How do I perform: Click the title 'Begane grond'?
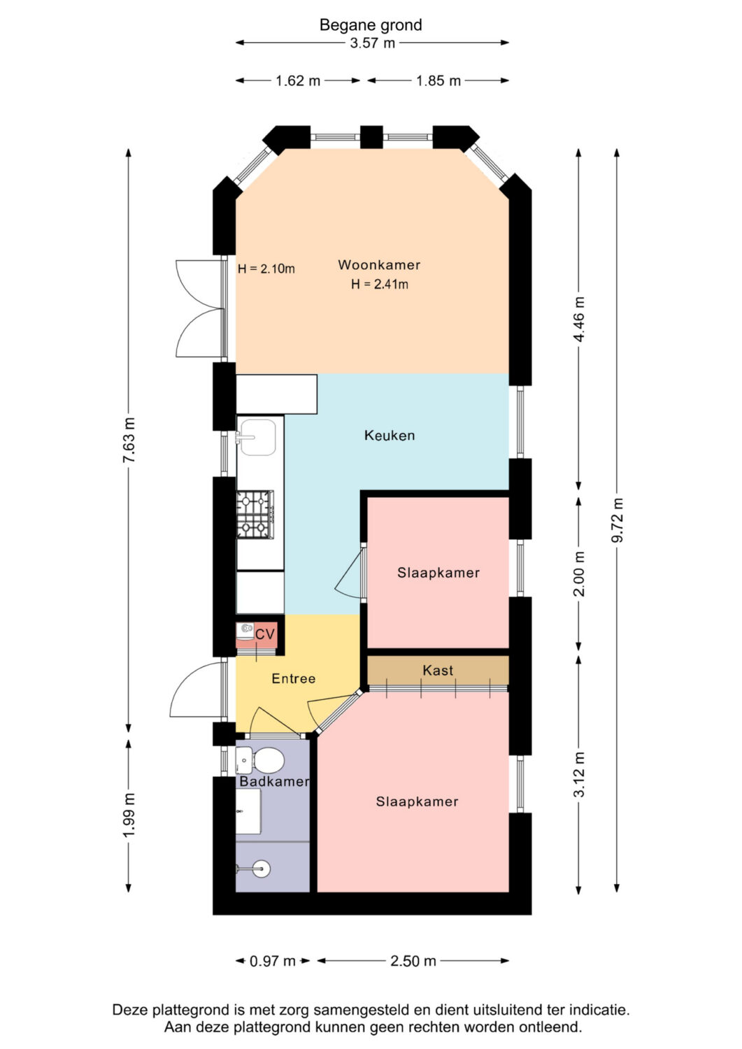(371, 24)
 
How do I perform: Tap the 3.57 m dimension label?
(373, 43)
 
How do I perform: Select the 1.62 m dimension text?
(297, 81)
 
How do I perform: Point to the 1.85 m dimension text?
(438, 81)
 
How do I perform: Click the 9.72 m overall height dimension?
(618, 520)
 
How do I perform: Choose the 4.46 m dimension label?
(579, 320)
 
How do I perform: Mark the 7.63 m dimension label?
(129, 440)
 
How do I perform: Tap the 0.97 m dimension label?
(273, 962)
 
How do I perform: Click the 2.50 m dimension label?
(413, 962)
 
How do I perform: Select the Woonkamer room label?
(380, 265)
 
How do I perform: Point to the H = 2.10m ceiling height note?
(266, 269)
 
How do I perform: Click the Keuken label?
(390, 436)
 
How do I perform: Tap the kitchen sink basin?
(257, 437)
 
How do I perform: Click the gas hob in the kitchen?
(255, 514)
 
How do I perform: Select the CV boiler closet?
(257, 635)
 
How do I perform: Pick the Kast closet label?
(438, 671)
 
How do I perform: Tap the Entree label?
(294, 678)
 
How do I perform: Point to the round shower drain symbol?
(261, 869)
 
